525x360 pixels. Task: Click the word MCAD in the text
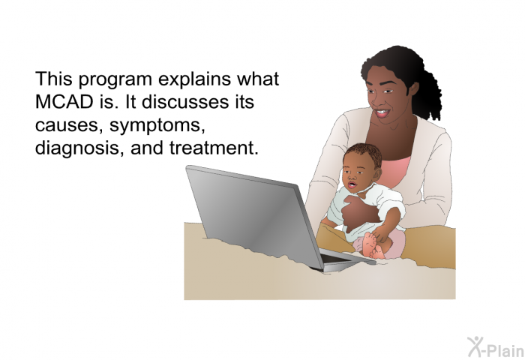pos(64,101)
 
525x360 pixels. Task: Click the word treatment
pos(214,148)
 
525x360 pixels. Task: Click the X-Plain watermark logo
pos(496,347)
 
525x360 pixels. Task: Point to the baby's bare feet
pos(372,246)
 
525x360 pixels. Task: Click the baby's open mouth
pos(352,184)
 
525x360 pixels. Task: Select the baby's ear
pos(377,174)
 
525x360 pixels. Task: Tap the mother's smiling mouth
pos(382,112)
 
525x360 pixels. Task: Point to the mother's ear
pos(413,88)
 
